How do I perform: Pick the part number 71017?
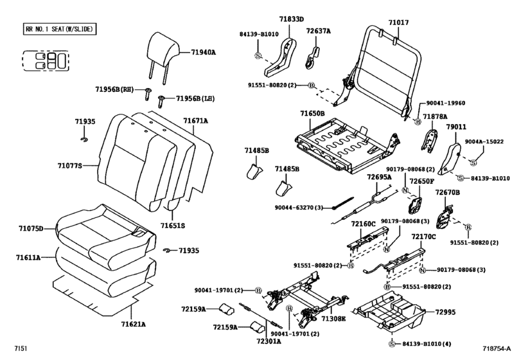[398, 22]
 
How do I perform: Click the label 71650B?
[312, 114]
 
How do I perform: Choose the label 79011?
[457, 128]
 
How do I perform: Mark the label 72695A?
[379, 177]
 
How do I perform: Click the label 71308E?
[334, 319]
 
